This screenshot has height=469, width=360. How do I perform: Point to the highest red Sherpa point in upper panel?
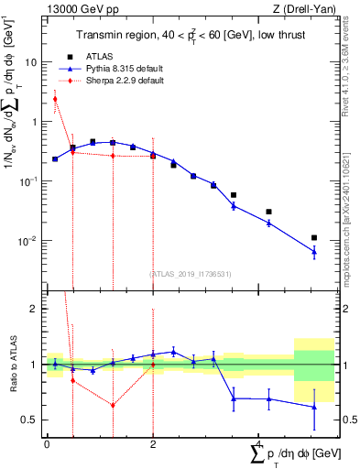tap(55, 99)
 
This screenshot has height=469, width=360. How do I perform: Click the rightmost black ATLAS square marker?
tap(314, 237)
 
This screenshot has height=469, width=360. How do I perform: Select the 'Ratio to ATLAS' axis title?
tap(12, 365)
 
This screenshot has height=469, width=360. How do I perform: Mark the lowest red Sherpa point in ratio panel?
tap(113, 405)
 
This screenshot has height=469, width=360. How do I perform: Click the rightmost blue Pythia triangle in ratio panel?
tap(314, 407)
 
